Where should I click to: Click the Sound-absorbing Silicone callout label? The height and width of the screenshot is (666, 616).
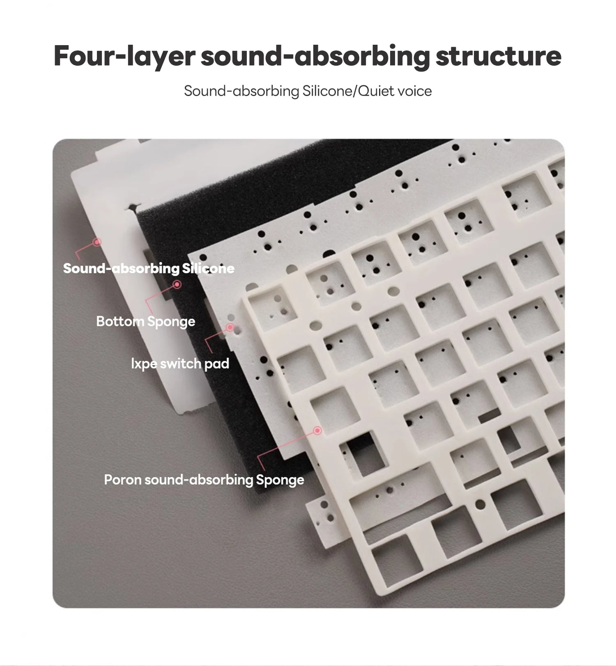149,268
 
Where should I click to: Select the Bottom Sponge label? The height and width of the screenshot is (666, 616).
146,321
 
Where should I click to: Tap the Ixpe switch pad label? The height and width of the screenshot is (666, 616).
180,364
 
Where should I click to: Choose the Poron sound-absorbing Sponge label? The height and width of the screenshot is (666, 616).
204,480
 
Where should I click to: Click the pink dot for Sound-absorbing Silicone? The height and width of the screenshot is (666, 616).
97,242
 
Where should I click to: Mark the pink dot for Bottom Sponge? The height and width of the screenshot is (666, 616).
177,284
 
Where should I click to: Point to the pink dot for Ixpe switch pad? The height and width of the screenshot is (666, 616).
230,327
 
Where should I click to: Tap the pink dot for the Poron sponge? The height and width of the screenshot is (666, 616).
317,430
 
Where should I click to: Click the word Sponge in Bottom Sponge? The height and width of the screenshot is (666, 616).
171,322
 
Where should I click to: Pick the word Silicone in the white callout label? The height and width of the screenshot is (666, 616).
208,268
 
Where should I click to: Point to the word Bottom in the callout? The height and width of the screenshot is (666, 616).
120,321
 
